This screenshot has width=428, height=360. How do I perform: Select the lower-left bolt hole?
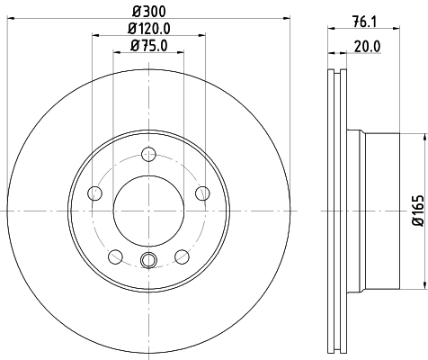115,256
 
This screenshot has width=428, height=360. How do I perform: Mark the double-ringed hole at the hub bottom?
149,261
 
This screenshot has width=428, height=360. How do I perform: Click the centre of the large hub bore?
149,211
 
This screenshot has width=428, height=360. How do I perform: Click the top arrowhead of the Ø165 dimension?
422,138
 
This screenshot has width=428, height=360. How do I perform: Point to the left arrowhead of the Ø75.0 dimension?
116,53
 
